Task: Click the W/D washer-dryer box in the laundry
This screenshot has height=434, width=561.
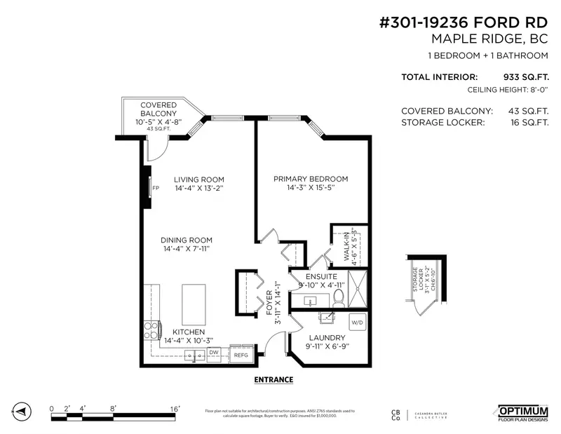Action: tap(357, 323)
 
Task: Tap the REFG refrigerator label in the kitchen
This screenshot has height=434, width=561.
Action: tap(241, 355)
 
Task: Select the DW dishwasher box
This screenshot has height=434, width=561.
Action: tap(215, 352)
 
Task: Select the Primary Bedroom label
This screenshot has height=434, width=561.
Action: tap(311, 179)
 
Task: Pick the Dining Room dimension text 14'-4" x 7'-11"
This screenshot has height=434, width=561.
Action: tap(187, 249)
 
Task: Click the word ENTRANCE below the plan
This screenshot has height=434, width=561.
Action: tap(273, 380)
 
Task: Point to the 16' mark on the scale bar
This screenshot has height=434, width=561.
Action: tap(174, 407)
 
